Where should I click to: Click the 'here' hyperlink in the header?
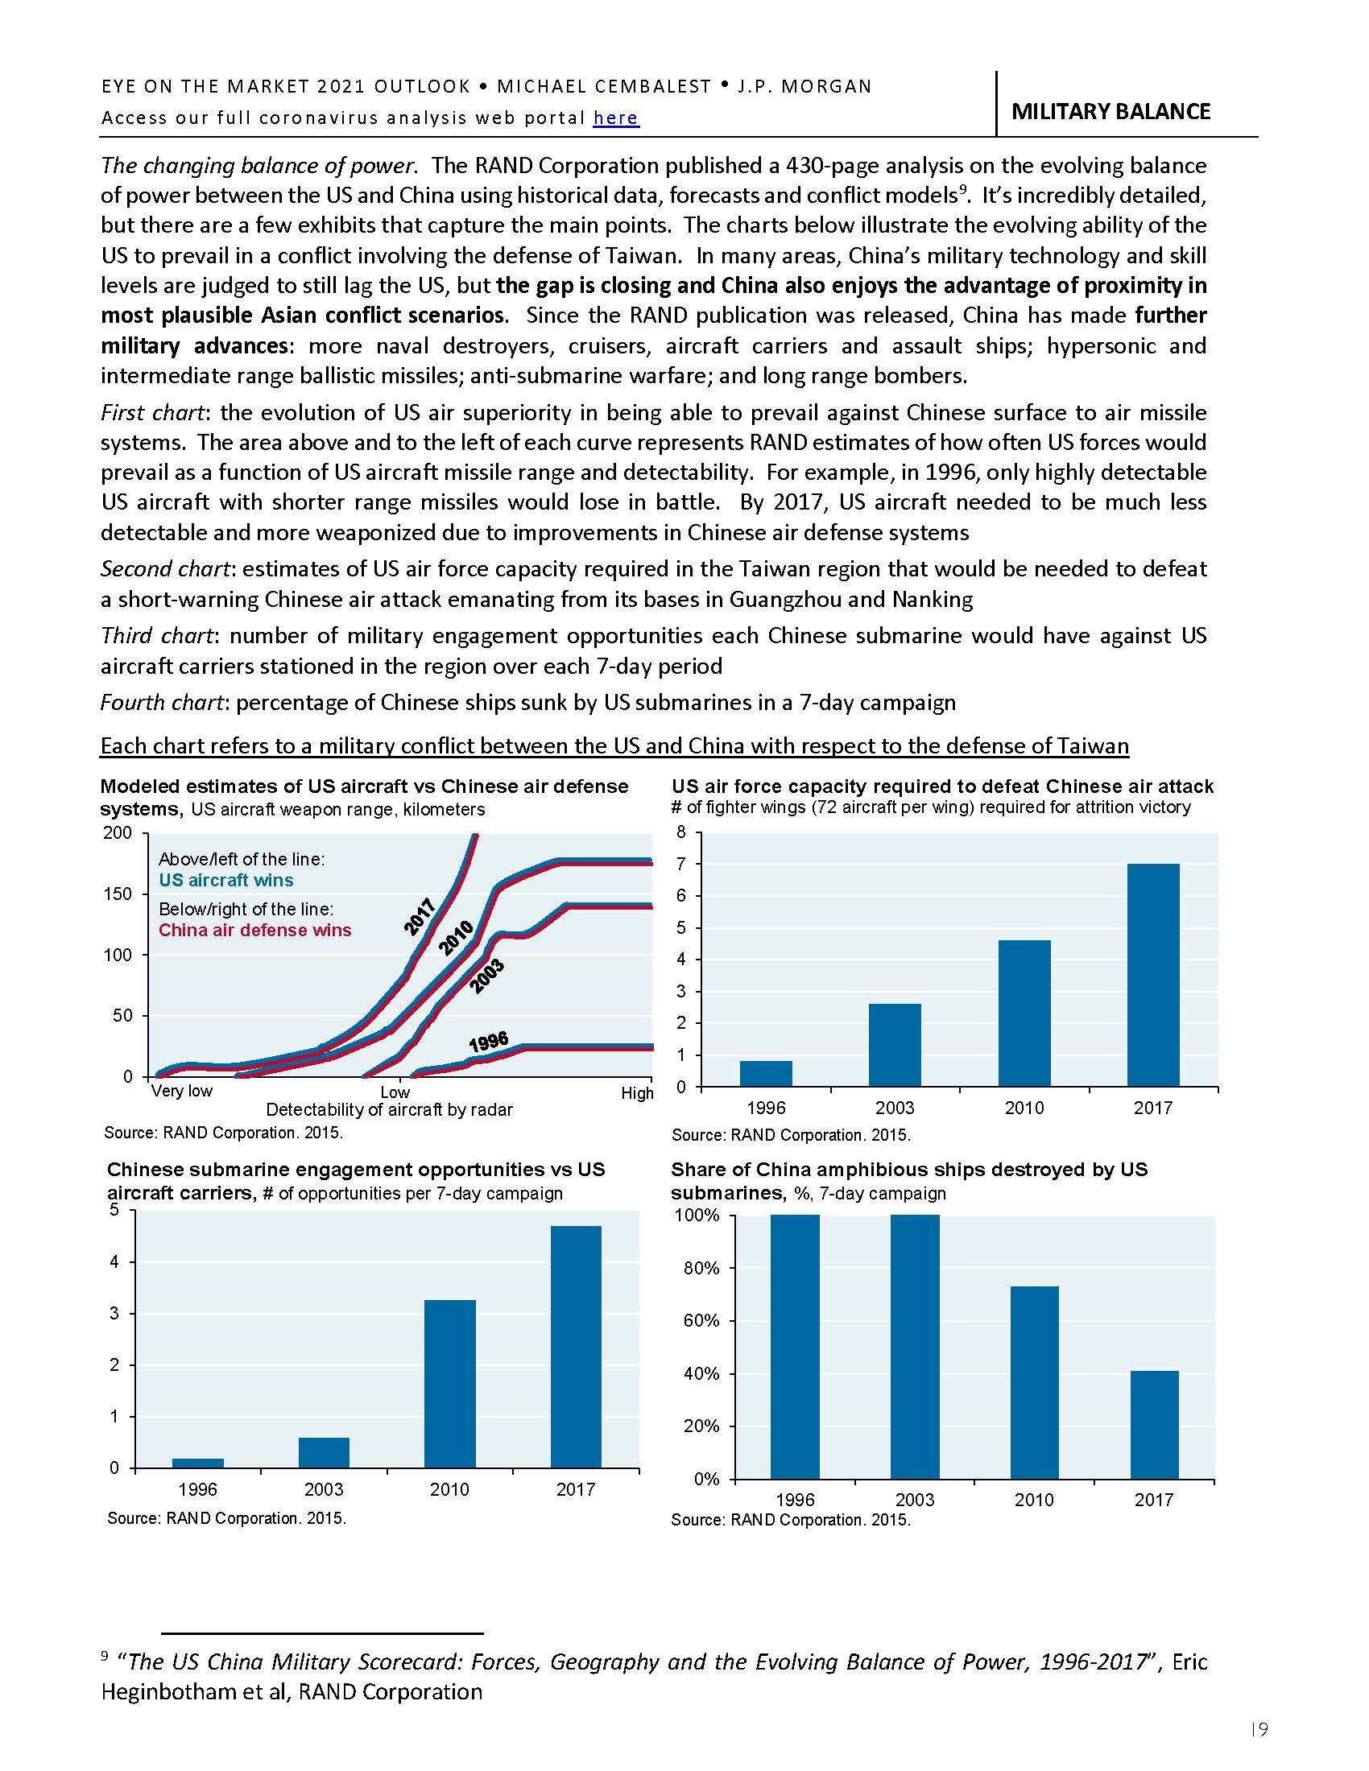[x=615, y=118]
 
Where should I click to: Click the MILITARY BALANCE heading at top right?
[x=1111, y=111]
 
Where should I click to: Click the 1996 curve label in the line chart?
[x=488, y=1042]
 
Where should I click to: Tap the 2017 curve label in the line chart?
[x=420, y=917]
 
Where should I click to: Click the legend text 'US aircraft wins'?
[x=225, y=881]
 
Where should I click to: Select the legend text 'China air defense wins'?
[x=254, y=930]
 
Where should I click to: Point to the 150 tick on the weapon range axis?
[x=118, y=894]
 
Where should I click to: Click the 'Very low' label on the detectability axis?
[x=182, y=1092]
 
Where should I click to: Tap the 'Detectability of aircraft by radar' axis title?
[x=389, y=1109]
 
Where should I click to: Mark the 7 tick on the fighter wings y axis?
[x=681, y=865]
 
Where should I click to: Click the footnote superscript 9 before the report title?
[x=105, y=1657]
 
